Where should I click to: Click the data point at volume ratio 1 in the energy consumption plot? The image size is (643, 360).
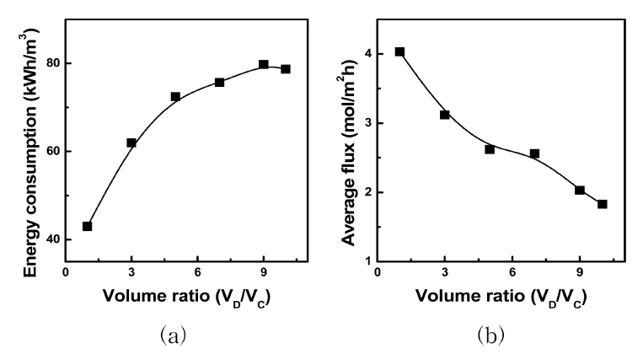[87, 226]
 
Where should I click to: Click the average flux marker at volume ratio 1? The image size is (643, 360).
[399, 51]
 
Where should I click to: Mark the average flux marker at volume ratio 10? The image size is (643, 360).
[602, 204]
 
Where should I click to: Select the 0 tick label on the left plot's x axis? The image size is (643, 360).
[65, 272]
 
